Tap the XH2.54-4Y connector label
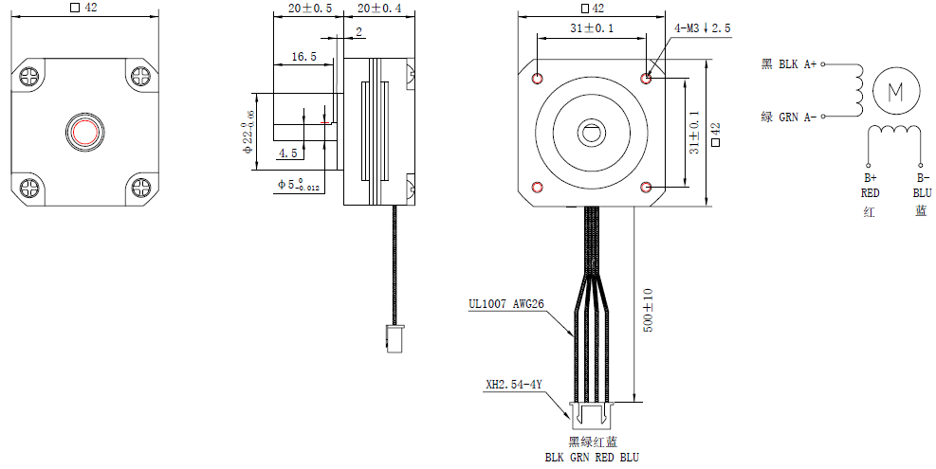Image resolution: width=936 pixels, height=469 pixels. tap(513, 385)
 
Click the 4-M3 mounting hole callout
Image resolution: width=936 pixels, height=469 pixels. tap(702, 29)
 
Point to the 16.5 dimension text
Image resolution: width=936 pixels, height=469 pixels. tap(303, 57)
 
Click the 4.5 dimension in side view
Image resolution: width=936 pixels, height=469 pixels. tap(287, 153)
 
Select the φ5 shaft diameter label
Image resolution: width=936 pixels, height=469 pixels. tap(300, 184)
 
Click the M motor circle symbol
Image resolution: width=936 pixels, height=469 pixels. tap(896, 91)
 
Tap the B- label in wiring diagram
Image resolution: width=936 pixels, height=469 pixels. tap(921, 177)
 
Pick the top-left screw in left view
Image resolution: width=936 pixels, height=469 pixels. tap(28, 74)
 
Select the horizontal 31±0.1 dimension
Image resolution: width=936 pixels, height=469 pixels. tap(591, 28)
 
